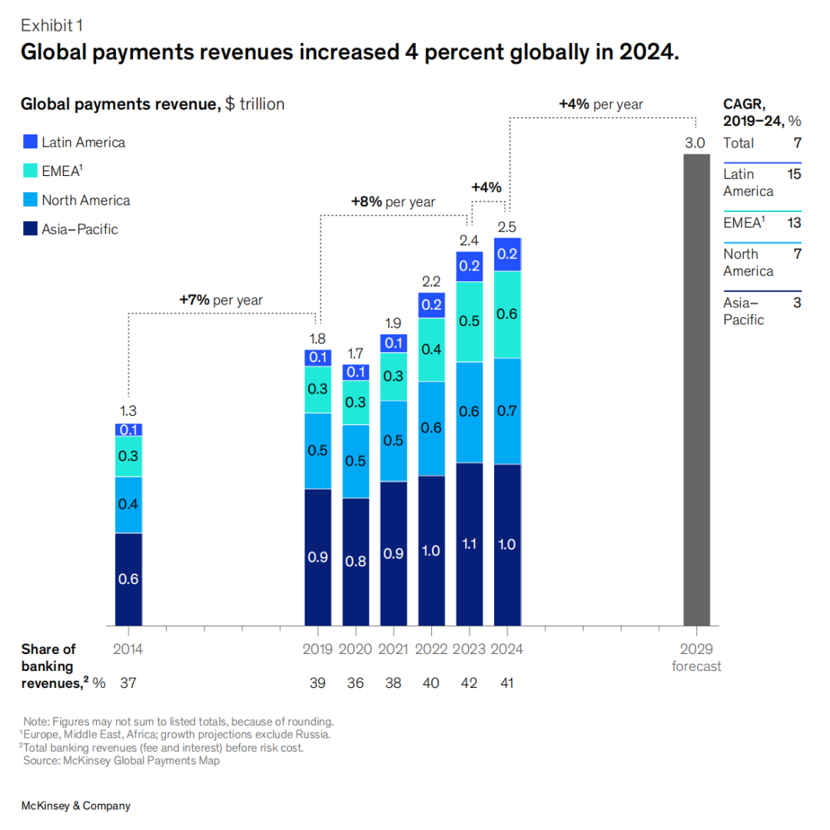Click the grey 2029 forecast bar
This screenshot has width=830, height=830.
tap(696, 390)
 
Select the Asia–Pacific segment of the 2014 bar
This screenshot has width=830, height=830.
tap(128, 579)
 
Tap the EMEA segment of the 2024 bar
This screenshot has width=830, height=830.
tap(506, 314)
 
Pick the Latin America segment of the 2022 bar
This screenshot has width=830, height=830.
tap(431, 305)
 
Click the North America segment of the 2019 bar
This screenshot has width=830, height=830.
tap(318, 450)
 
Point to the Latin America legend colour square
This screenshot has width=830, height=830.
tap(31, 142)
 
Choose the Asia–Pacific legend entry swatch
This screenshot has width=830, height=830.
tap(31, 229)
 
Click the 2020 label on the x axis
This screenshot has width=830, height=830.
tap(356, 649)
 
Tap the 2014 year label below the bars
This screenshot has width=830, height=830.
tap(128, 649)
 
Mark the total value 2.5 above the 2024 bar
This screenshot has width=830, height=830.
tap(506, 227)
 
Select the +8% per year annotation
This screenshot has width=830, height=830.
tap(393, 202)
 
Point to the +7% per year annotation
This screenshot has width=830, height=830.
tap(221, 300)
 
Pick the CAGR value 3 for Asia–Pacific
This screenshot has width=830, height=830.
tap(797, 303)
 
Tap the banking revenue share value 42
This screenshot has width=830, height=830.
tap(469, 682)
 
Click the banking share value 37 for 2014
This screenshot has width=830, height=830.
tap(128, 682)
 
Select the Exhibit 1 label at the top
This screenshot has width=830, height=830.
tap(51, 25)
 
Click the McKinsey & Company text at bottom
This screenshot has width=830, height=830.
tap(75, 806)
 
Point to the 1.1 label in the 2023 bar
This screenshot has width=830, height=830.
tap(469, 544)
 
